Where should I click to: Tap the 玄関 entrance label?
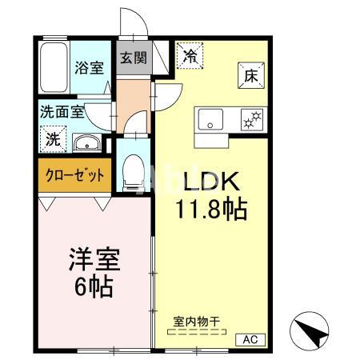pos(133,58)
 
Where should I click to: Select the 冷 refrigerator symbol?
pos(190,57)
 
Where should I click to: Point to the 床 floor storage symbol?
pos(248,77)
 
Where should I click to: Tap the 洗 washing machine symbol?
pos(53,138)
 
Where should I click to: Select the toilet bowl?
pos(132,170)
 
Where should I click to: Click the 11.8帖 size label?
pos(211,210)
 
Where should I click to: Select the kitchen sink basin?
pos(212,122)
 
